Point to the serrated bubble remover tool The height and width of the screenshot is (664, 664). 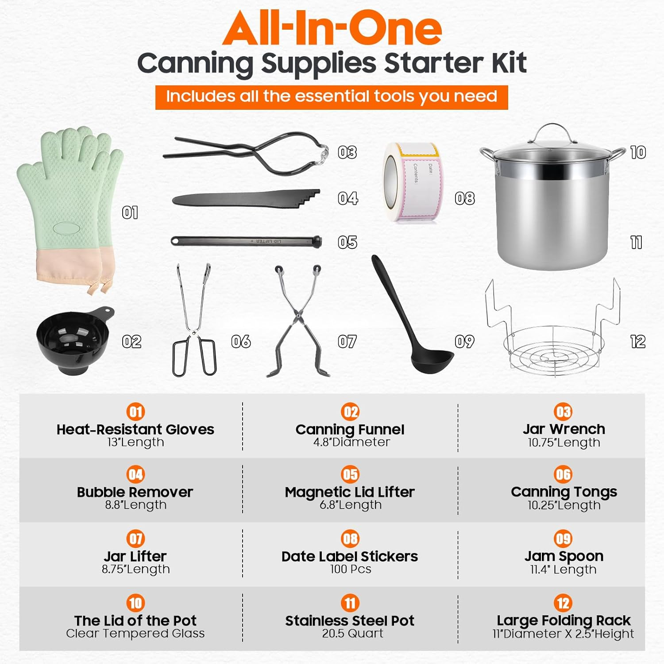click(246, 199)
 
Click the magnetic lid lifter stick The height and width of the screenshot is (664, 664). click(246, 241)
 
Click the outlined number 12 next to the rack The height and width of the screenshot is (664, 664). click(637, 341)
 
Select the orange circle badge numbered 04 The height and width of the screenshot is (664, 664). click(135, 475)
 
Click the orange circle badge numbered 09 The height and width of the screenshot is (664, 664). click(563, 539)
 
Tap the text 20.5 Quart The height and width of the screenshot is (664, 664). click(352, 633)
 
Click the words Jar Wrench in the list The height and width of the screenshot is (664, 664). click(564, 429)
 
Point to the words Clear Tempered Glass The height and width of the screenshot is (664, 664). click(135, 633)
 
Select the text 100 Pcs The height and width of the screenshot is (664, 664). click(350, 569)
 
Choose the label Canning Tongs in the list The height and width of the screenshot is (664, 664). click(564, 492)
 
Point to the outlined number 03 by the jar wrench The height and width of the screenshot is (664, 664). click(347, 152)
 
